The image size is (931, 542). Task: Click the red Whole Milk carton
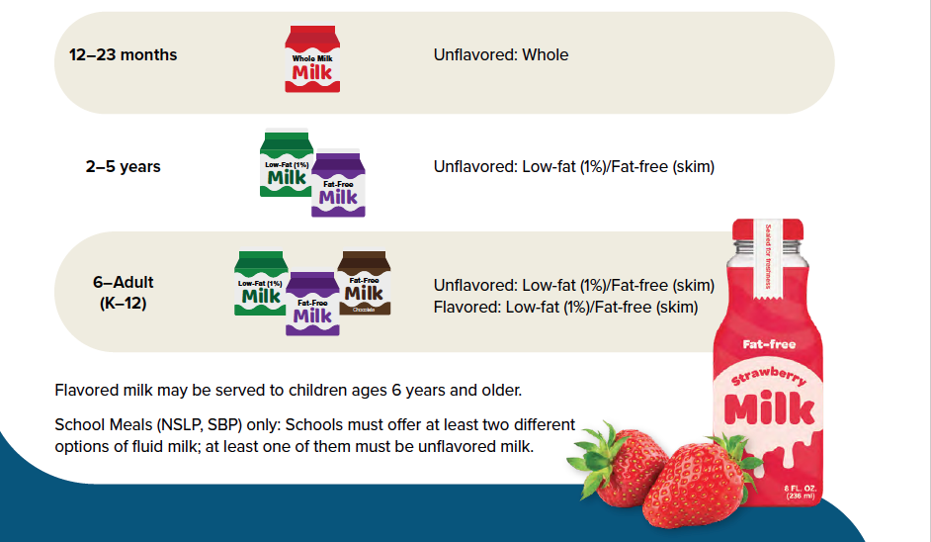pyautogui.click(x=312, y=58)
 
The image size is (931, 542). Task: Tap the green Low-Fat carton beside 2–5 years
pyautogui.click(x=286, y=163)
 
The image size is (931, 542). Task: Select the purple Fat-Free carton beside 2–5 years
pyautogui.click(x=338, y=183)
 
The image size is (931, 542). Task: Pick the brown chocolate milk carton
pyautogui.click(x=364, y=283)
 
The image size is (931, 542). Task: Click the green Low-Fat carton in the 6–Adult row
pyautogui.click(x=260, y=283)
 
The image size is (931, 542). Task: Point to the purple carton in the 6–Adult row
pyautogui.click(x=312, y=305)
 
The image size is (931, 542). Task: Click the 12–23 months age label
pyautogui.click(x=123, y=54)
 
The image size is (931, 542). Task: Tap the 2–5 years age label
pyautogui.click(x=123, y=166)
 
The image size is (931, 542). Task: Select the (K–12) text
pyautogui.click(x=123, y=303)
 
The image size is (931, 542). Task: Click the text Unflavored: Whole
pyautogui.click(x=500, y=54)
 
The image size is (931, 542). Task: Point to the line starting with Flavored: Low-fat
pyautogui.click(x=565, y=308)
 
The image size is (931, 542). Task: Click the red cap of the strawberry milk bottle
pyautogui.click(x=768, y=229)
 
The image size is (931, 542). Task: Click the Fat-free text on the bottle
pyautogui.click(x=769, y=344)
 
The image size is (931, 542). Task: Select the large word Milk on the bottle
pyautogui.click(x=769, y=408)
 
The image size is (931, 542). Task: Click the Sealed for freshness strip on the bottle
pyautogui.click(x=767, y=258)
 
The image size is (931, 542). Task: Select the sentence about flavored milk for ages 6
pyautogui.click(x=288, y=391)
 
